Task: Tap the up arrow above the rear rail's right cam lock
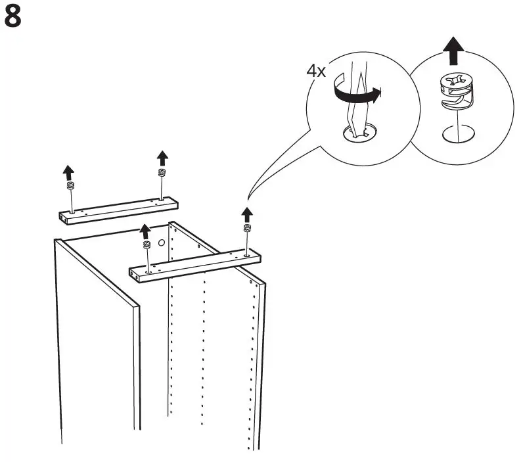pos(162,158)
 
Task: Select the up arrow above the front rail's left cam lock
pos(145,231)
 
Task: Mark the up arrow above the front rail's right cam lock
pos(247,213)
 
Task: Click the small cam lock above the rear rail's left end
pos(70,187)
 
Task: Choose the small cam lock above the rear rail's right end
pos(162,172)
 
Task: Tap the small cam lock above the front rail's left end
pos(146,245)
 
